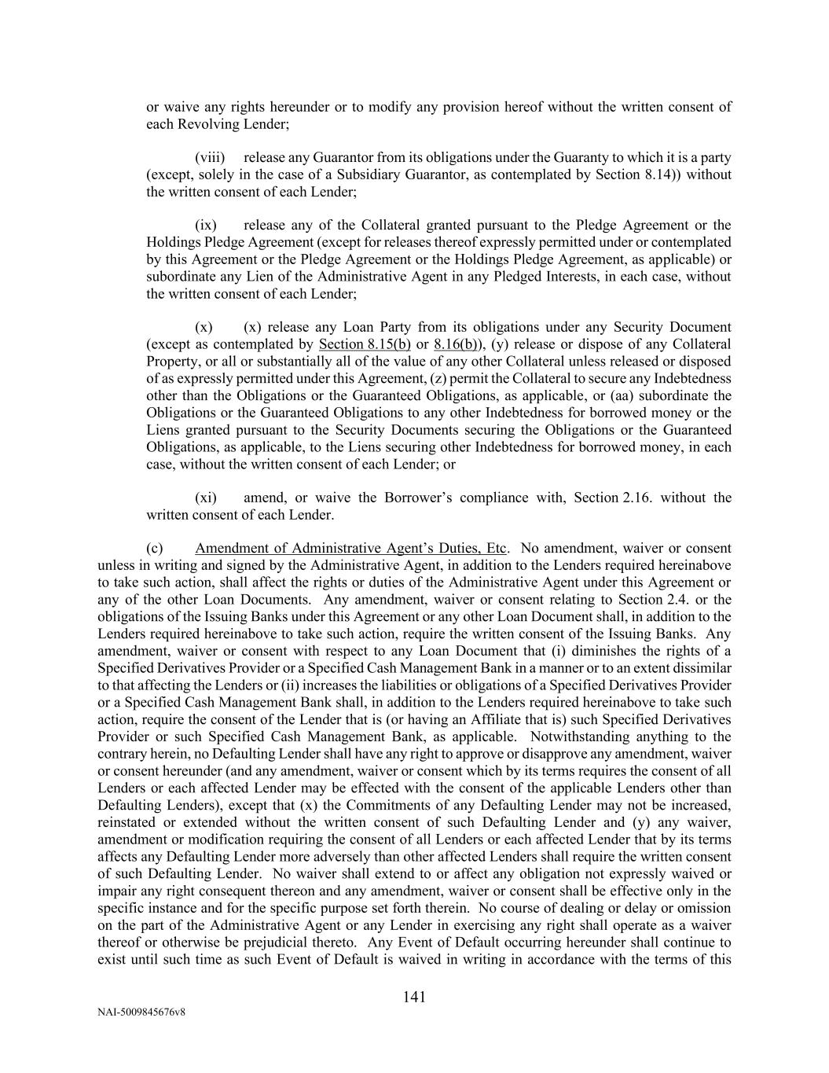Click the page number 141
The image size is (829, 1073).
[x=414, y=998]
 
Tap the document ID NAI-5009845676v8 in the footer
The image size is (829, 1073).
[x=141, y=1012]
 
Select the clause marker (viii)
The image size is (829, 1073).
[x=211, y=157]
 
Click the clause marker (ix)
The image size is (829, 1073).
[x=206, y=225]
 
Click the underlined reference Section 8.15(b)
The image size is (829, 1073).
[x=365, y=344]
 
